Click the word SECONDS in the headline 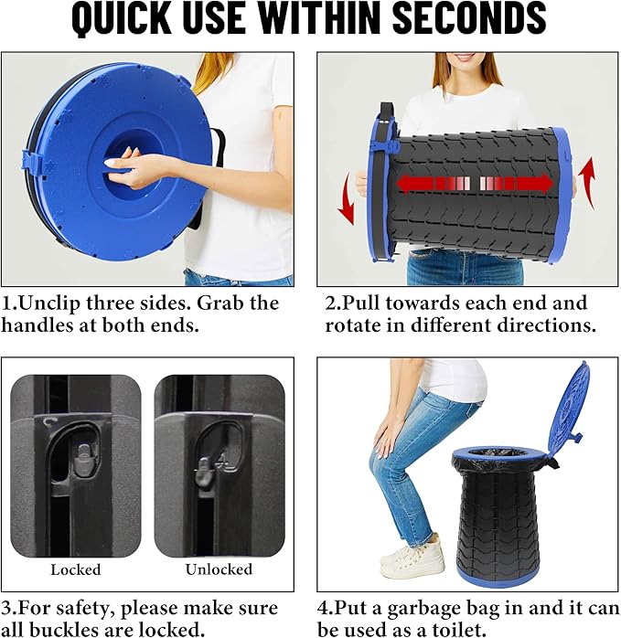tap(469, 18)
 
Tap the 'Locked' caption tap(76, 569)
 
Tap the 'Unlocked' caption tap(219, 569)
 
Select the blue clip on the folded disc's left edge tap(31, 165)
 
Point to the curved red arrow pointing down tap(346, 198)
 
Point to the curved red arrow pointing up tap(587, 183)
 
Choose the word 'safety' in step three tap(85, 609)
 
